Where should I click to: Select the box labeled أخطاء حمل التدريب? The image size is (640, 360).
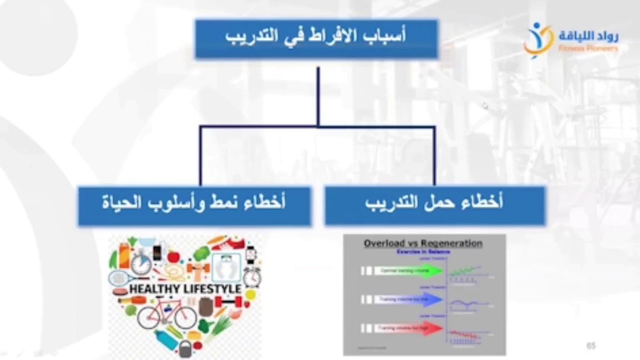[434, 205]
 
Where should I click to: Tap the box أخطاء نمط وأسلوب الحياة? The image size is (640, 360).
[194, 205]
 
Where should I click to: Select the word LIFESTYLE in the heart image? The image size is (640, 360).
[212, 289]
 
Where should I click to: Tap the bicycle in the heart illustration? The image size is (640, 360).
[167, 313]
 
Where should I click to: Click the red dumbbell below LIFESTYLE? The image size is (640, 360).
[228, 302]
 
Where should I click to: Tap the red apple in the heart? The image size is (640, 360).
[173, 257]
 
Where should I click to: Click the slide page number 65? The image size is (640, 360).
[591, 346]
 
